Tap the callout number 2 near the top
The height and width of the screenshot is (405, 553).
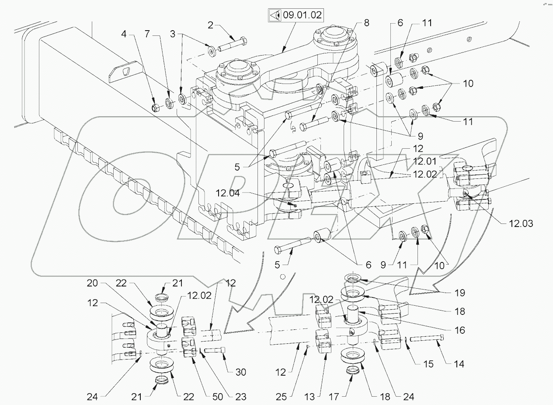point(210,26)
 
